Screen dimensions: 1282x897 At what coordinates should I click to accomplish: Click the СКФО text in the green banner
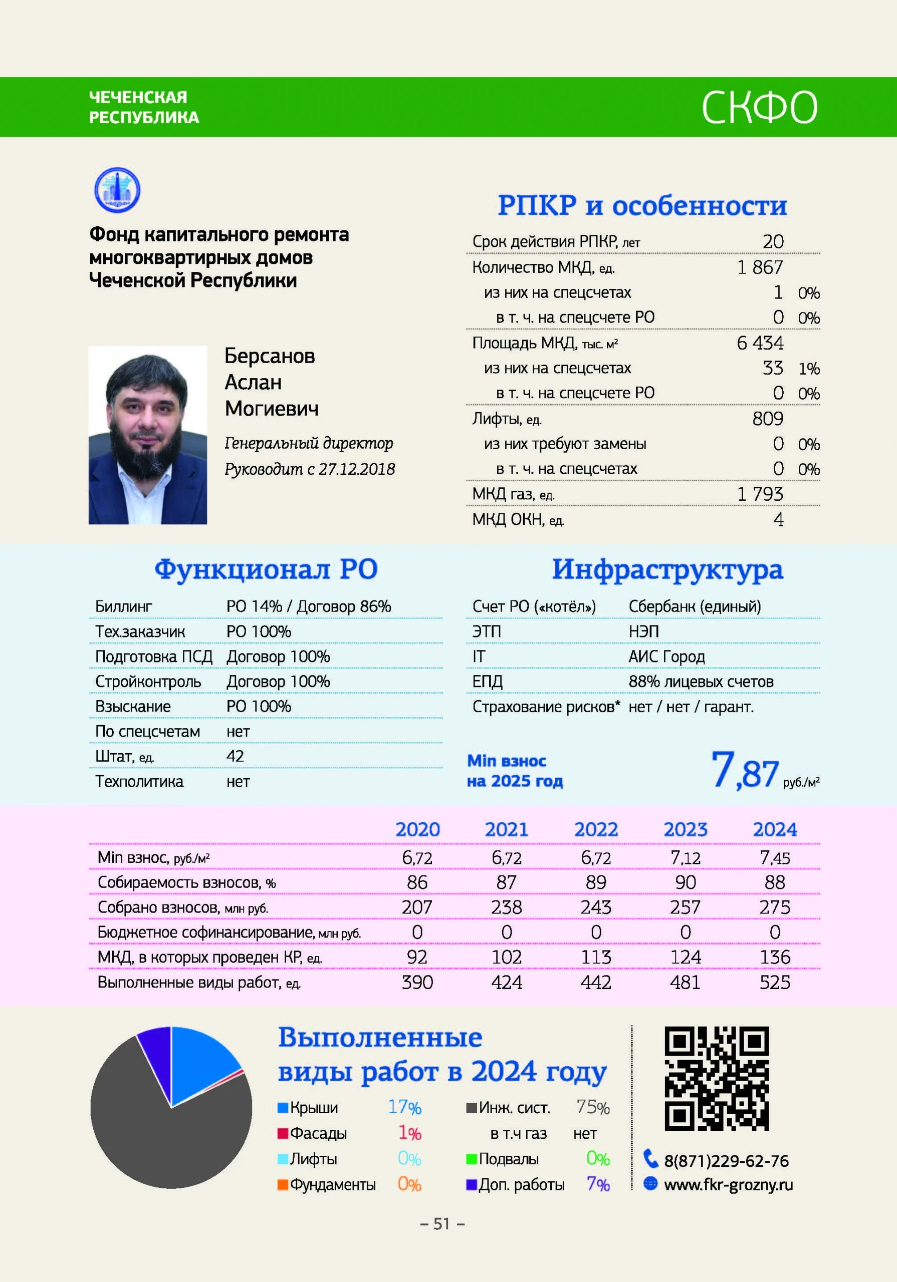[759, 107]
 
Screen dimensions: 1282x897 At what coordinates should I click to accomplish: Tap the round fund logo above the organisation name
[117, 190]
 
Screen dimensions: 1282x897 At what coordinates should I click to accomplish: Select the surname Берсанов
[270, 356]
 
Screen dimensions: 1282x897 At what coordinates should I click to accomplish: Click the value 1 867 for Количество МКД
[760, 267]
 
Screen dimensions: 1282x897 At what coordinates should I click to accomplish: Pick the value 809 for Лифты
[767, 418]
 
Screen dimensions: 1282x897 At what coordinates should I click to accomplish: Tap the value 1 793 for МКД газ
[760, 494]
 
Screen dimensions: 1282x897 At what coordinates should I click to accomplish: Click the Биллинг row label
[123, 606]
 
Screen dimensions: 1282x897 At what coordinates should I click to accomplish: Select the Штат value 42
[236, 756]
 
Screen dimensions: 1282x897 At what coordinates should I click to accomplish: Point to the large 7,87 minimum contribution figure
[745, 771]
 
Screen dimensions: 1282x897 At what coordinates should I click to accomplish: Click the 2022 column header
[596, 829]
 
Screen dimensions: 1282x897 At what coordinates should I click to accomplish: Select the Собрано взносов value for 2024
[775, 907]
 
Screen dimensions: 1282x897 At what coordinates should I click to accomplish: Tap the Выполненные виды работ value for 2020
[417, 982]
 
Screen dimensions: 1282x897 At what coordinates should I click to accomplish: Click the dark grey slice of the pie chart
[168, 1139]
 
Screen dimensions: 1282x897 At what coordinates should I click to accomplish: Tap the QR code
[717, 1078]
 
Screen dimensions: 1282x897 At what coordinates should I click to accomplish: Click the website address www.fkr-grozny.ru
[728, 1184]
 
